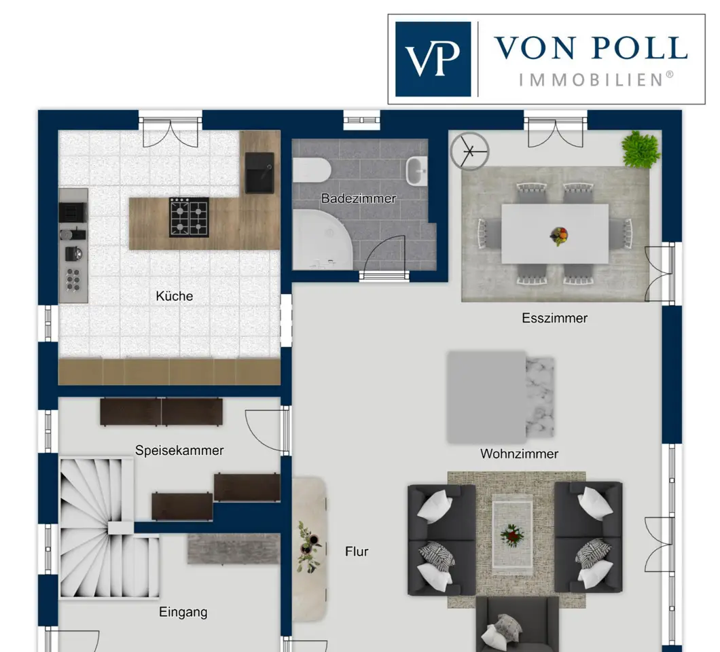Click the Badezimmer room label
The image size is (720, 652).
pyautogui.click(x=358, y=198)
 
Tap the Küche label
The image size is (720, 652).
pyautogui.click(x=175, y=296)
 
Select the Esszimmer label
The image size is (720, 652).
pyautogui.click(x=555, y=319)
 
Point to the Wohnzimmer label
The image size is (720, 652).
pyautogui.click(x=520, y=454)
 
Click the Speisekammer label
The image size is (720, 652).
pyautogui.click(x=179, y=450)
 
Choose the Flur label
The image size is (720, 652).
pyautogui.click(x=357, y=551)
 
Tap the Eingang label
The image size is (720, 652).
pyautogui.click(x=183, y=612)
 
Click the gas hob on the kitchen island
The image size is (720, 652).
pyautogui.click(x=190, y=217)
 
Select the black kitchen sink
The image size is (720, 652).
pyautogui.click(x=260, y=173)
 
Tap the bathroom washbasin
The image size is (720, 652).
pyautogui.click(x=417, y=170)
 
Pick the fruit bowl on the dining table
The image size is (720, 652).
pyautogui.click(x=559, y=236)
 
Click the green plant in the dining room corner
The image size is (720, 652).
pyautogui.click(x=641, y=149)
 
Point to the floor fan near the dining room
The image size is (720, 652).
pyautogui.click(x=469, y=151)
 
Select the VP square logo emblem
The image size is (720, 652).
pyautogui.click(x=433, y=59)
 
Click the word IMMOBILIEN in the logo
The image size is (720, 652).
pyautogui.click(x=596, y=79)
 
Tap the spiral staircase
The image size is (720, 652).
pyautogui.click(x=109, y=527)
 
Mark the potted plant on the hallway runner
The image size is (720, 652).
pyautogui.click(x=308, y=547)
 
